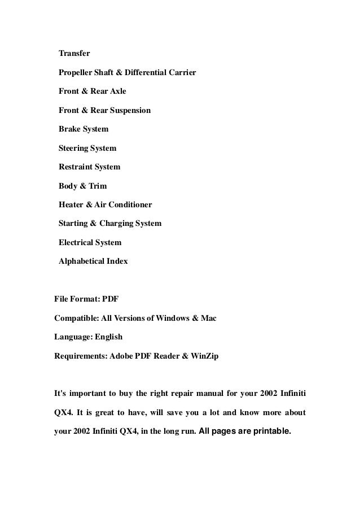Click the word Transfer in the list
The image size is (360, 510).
pos(74,54)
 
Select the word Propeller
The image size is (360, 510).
pos(77,72)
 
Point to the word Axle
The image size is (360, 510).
pos(117,91)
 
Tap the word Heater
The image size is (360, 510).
pos(71,204)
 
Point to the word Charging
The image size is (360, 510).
pos(120,224)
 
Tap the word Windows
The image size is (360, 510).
pos(171,319)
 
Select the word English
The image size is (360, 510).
pos(108,337)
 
